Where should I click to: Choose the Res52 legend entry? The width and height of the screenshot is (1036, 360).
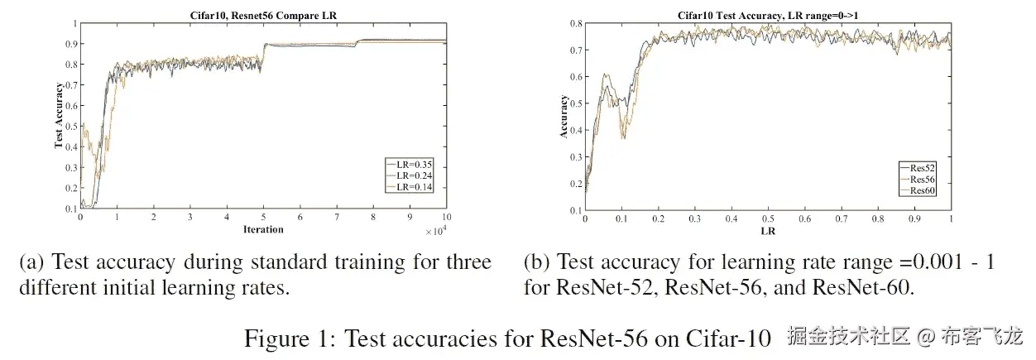coord(922,168)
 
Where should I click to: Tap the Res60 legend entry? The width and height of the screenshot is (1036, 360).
coord(922,190)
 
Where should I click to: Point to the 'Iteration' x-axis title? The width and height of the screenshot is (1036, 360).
coord(263,229)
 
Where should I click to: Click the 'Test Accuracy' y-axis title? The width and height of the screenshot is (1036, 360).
coord(59,116)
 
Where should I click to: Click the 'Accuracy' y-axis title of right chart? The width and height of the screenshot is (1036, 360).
coord(564,116)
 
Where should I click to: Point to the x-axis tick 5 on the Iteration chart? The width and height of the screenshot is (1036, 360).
coord(264,218)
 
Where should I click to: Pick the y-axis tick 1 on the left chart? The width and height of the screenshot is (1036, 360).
coord(74,23)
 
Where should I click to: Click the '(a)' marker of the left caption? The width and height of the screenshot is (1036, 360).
coord(31,263)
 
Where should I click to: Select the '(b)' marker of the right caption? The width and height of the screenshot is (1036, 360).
coord(537,263)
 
